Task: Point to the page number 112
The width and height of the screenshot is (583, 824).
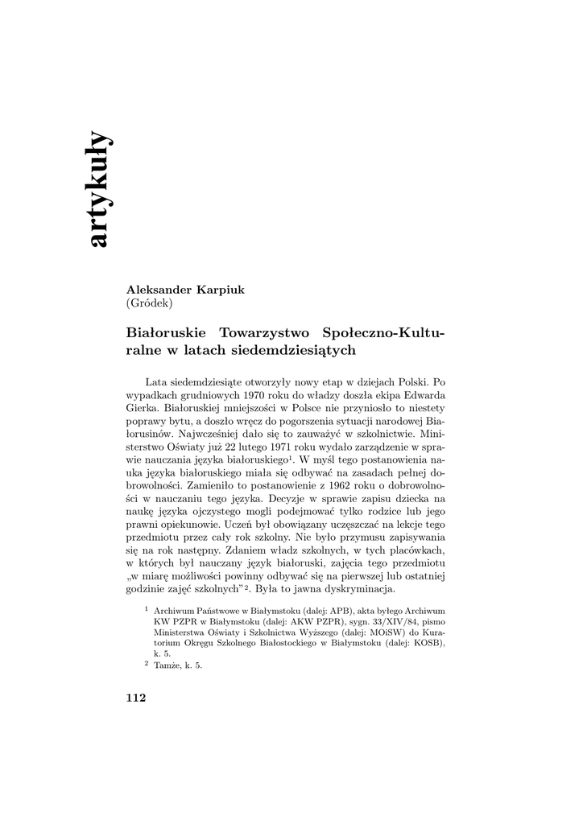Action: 135,698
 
